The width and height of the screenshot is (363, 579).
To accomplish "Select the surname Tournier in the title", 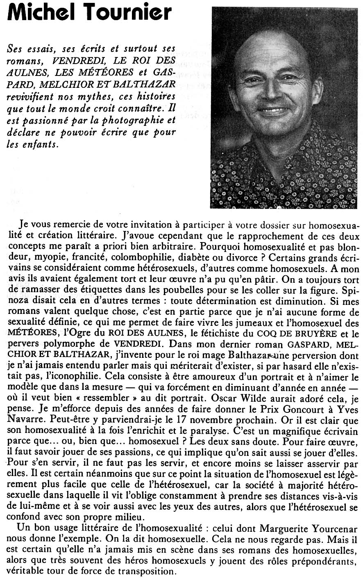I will (x=127, y=14).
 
